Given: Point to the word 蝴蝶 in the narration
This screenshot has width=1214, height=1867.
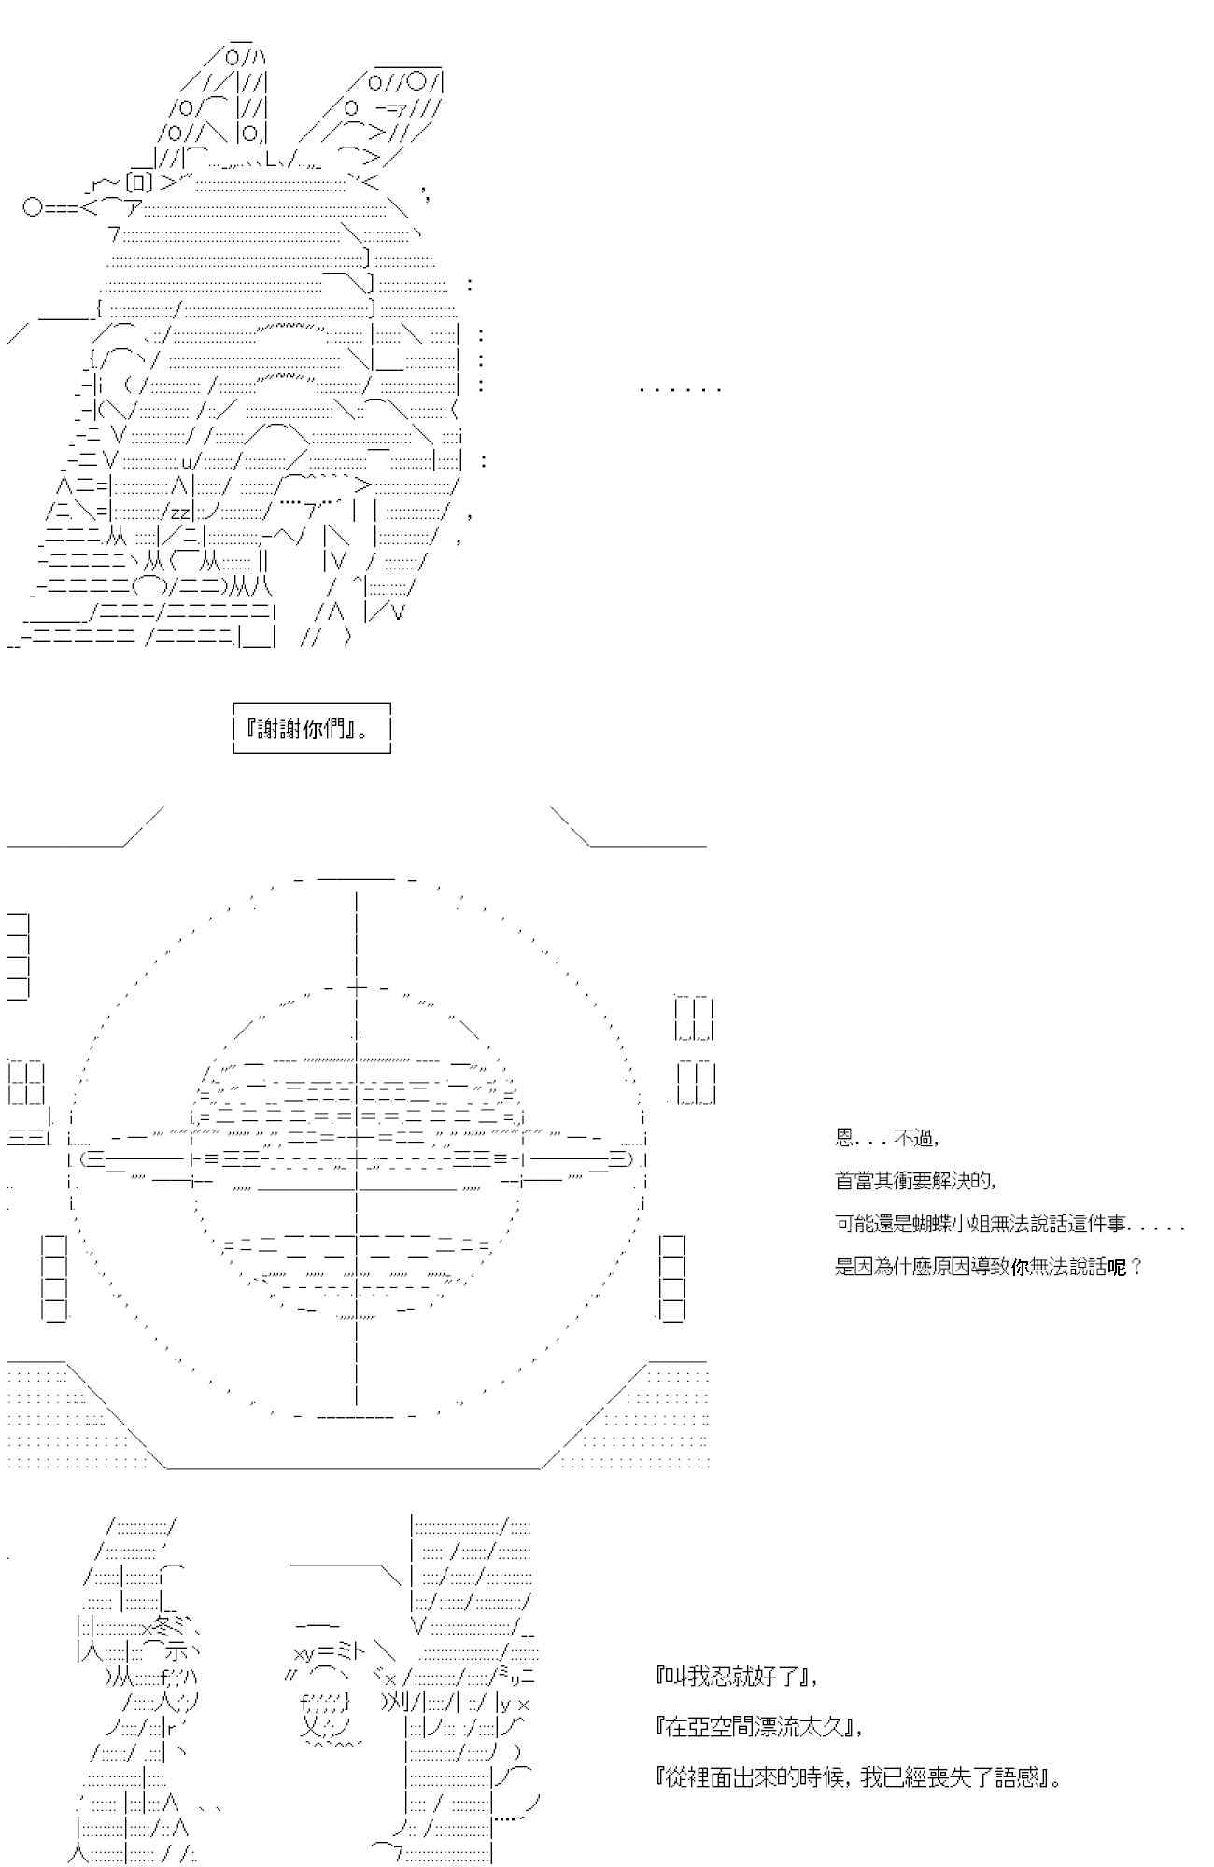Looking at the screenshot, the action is click(947, 1224).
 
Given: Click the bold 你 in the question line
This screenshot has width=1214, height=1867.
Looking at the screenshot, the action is click(1019, 1267).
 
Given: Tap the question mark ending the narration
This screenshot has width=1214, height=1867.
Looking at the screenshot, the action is click(1136, 1267).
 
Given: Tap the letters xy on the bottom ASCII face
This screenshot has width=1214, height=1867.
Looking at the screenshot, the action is click(304, 1655).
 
